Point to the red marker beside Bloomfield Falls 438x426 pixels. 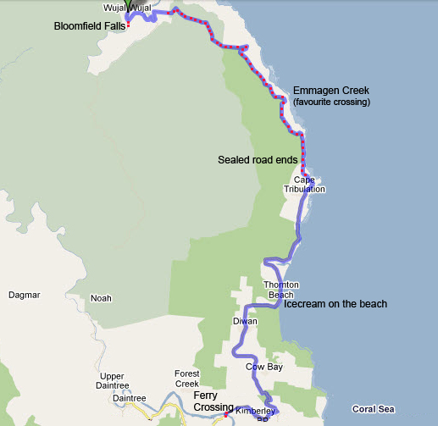click(x=129, y=25)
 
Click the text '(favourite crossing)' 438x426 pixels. click(x=331, y=102)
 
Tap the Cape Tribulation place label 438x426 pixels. click(x=310, y=184)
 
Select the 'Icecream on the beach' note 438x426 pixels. click(x=335, y=304)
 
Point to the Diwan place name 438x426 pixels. click(x=243, y=322)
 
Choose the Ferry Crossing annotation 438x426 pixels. click(x=213, y=401)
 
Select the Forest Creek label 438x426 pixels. click(x=186, y=379)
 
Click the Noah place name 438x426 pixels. click(x=101, y=297)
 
